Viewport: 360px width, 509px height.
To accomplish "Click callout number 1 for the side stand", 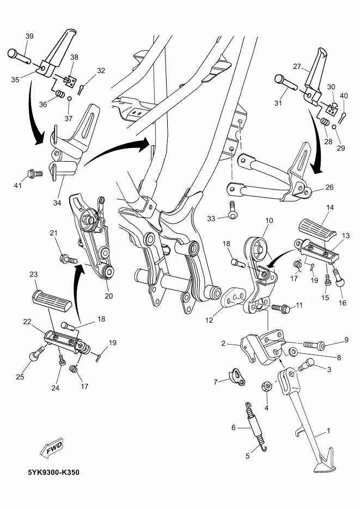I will [x=328, y=431].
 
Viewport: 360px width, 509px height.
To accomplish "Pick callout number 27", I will [x=297, y=67].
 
